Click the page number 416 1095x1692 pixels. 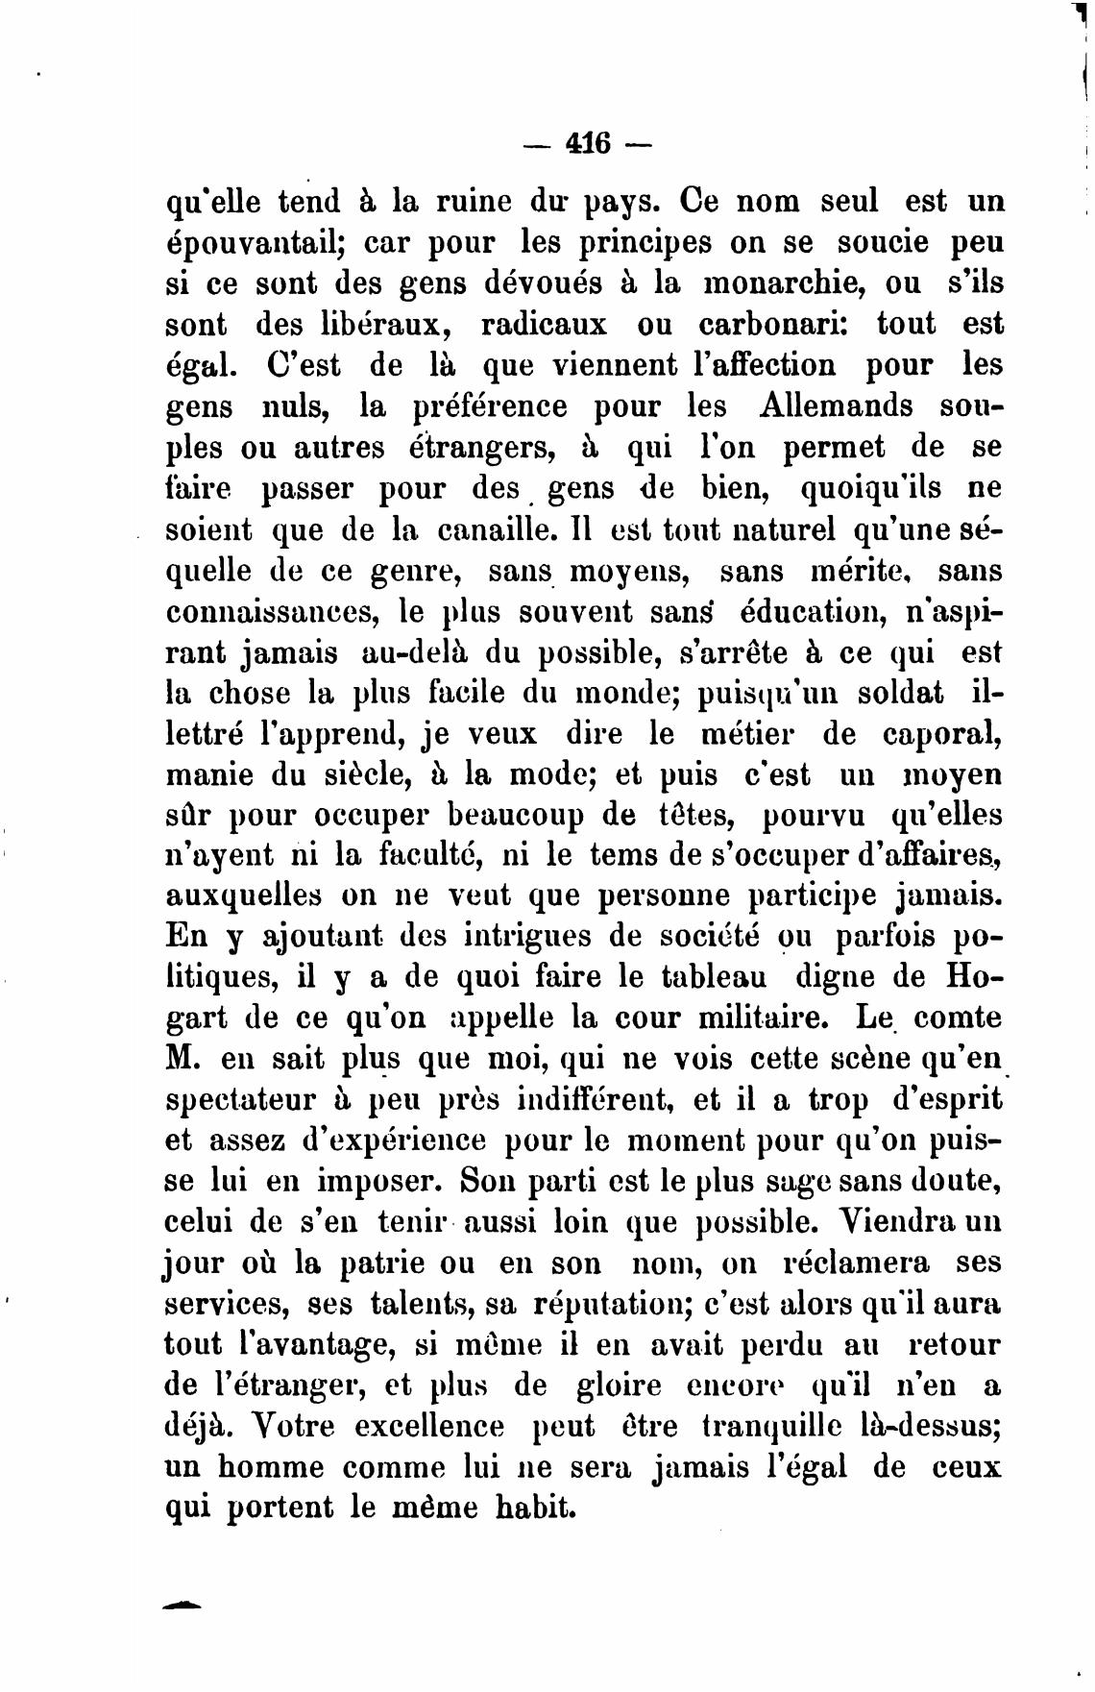(589, 143)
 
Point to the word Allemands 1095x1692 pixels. (836, 405)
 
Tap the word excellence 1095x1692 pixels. (428, 1426)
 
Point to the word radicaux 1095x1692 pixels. (544, 325)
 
